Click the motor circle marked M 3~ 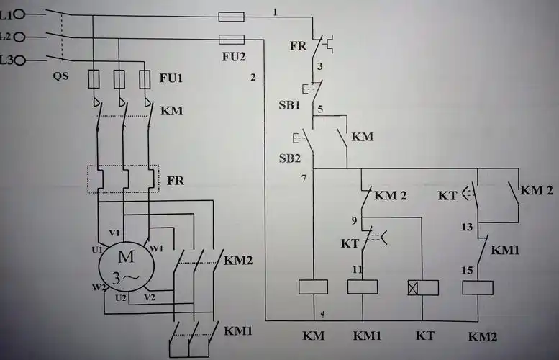pyautogui.click(x=126, y=267)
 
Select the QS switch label pyautogui.click(x=60, y=75)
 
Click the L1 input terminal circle pyautogui.click(x=19, y=14)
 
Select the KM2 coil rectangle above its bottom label pyautogui.click(x=477, y=287)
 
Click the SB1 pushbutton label pyautogui.click(x=288, y=104)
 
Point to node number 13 pyautogui.click(x=466, y=227)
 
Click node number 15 pyautogui.click(x=466, y=270)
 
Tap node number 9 pyautogui.click(x=354, y=220)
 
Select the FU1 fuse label pyautogui.click(x=171, y=76)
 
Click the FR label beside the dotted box pyautogui.click(x=176, y=180)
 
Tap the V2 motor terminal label pyautogui.click(x=149, y=297)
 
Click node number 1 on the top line pyautogui.click(x=275, y=12)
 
